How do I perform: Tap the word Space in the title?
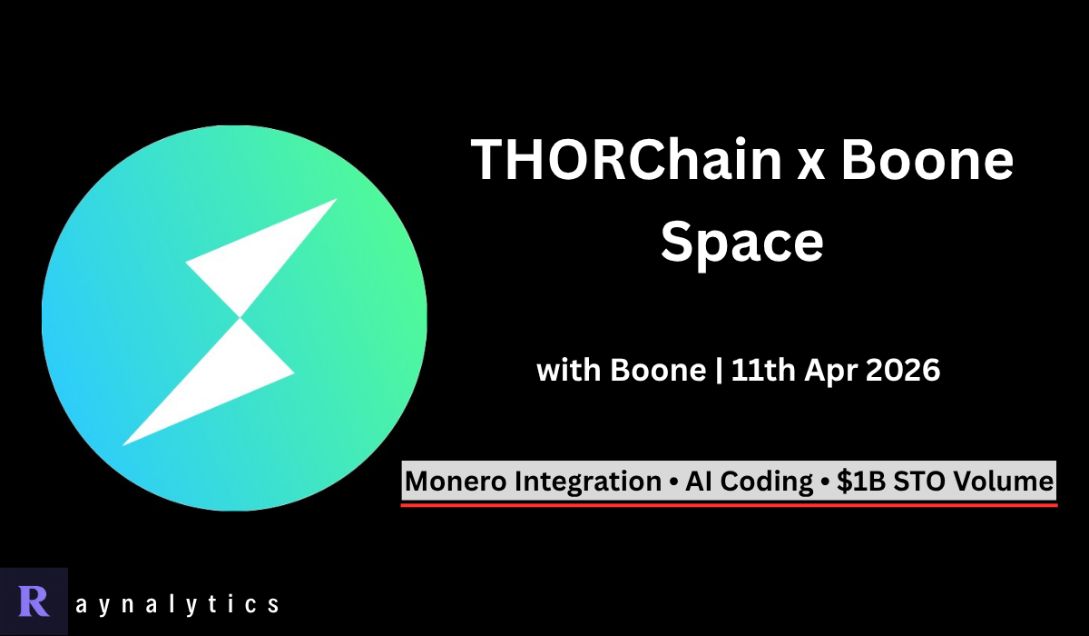tap(741, 241)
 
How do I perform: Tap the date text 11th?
tap(762, 372)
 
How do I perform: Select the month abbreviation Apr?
tap(827, 372)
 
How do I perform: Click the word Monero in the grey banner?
tap(456, 482)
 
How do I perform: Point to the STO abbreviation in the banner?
tap(916, 482)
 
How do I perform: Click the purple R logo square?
tap(34, 601)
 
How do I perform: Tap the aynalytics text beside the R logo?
tap(178, 602)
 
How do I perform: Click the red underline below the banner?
tap(729, 503)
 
